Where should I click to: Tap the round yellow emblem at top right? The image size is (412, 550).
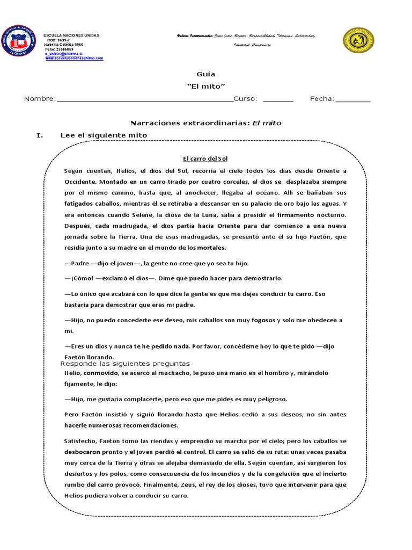pos(358,41)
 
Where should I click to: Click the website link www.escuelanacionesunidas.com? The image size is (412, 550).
pos(74,58)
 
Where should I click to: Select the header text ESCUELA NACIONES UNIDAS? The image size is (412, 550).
pos(71,35)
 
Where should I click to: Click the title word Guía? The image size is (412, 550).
pos(205,74)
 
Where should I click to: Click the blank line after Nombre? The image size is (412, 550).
pos(145,100)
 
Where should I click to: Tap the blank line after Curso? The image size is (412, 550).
pos(278,100)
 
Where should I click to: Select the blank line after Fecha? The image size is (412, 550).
pos(352,100)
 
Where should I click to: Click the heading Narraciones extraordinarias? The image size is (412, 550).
pos(190,123)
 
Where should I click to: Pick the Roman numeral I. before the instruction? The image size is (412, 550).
pos(39,135)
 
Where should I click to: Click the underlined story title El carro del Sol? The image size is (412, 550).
pos(205,158)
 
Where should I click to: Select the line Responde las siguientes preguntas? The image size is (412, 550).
pos(125,364)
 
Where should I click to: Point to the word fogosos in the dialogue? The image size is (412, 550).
pos(263,320)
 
